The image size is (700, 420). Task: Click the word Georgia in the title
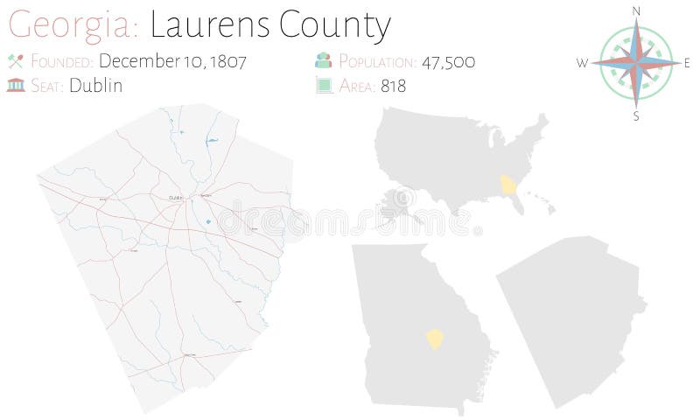point(69,25)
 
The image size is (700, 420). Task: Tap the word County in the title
point(337,25)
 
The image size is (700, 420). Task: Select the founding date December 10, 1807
point(173,61)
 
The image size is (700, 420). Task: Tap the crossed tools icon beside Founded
point(14,61)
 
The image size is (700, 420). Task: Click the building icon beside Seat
point(14,86)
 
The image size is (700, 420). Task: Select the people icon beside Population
point(323,61)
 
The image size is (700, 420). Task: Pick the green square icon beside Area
point(323,86)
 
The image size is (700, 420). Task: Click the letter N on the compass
point(636,10)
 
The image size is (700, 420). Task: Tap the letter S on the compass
point(636,115)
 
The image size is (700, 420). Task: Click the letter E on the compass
point(688,62)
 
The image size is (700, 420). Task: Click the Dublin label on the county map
point(175,197)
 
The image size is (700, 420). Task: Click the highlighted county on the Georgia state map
point(434,339)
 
